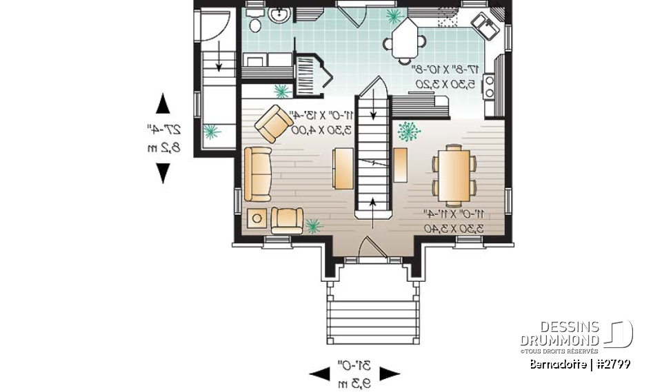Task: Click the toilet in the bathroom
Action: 254,22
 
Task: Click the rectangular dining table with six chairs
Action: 454,175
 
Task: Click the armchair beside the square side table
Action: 286,220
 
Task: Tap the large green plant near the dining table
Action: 410,131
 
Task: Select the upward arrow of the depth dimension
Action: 163,103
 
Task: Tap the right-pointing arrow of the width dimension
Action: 390,374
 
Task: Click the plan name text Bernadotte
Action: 559,364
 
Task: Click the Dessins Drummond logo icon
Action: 619,334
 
